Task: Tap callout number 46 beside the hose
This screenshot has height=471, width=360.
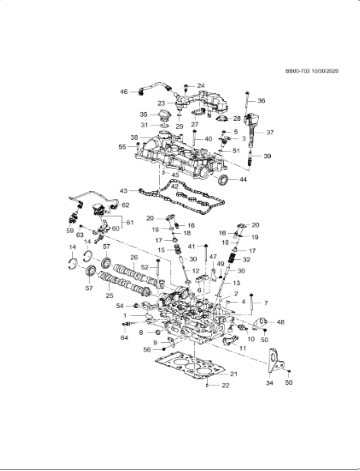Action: (x=124, y=92)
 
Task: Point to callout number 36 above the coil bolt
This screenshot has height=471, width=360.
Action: (x=262, y=102)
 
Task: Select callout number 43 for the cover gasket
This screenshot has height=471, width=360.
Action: (x=124, y=190)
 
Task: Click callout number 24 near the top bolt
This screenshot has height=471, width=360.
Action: (x=201, y=86)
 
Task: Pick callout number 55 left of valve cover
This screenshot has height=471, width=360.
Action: (x=122, y=147)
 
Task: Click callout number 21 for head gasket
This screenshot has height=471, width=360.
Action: (x=233, y=373)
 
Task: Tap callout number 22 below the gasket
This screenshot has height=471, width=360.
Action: (x=225, y=385)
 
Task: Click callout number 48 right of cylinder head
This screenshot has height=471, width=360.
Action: (x=280, y=322)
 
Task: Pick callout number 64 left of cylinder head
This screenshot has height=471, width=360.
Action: (x=124, y=337)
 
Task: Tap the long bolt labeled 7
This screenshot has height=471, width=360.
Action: (x=252, y=301)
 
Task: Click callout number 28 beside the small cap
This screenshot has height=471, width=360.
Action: (x=237, y=118)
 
